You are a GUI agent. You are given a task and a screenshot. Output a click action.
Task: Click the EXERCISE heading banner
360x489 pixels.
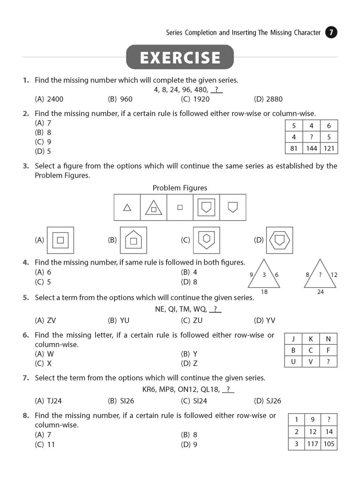(x=180, y=57)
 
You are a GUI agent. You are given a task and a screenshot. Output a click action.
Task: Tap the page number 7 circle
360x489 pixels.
(x=331, y=33)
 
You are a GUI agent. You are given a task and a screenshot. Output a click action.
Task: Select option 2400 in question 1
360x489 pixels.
(x=49, y=99)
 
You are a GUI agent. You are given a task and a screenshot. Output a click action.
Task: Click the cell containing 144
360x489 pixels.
(x=311, y=149)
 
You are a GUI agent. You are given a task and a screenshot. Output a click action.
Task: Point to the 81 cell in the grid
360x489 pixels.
(x=294, y=149)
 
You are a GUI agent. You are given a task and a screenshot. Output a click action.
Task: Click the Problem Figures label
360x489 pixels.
(x=180, y=188)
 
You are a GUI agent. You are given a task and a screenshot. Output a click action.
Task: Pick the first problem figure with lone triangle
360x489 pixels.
(x=127, y=207)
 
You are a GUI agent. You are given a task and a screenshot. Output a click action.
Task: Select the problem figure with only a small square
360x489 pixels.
(x=180, y=207)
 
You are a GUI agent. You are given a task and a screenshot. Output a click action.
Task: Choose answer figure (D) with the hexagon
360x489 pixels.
(x=279, y=240)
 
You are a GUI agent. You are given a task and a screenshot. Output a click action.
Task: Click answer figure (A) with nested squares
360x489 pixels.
(x=60, y=240)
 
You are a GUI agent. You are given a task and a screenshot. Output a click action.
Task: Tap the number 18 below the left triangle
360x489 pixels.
(x=264, y=292)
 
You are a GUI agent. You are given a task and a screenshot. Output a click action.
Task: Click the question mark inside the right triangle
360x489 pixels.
(x=320, y=275)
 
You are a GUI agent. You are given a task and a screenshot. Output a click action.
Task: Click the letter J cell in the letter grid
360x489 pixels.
(x=293, y=339)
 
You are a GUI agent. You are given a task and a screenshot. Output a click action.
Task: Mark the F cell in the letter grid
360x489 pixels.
(x=328, y=350)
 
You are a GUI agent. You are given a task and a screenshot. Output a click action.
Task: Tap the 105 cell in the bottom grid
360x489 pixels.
(x=329, y=444)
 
